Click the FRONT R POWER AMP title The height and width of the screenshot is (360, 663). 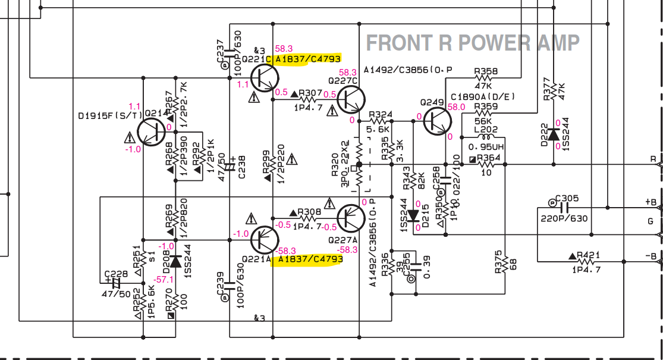tap(472, 43)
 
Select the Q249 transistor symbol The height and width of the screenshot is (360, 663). tap(437, 121)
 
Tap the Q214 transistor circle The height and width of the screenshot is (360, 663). tap(152, 132)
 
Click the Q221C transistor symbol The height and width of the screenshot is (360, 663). tap(265, 78)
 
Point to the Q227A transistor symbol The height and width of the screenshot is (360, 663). tap(351, 219)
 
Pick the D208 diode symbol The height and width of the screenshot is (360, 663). tap(175, 261)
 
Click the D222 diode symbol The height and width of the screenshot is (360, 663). tap(554, 134)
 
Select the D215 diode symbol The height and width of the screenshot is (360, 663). tap(412, 216)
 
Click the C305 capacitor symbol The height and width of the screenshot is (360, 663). tap(564, 208)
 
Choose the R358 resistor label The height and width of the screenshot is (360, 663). tap(486, 71)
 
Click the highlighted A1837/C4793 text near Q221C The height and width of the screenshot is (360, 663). tap(308, 59)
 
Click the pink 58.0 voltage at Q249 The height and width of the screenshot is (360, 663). tap(456, 107)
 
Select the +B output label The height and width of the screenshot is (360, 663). tap(651, 202)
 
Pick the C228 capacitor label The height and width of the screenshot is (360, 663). tap(117, 274)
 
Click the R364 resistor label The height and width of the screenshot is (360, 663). tap(489, 158)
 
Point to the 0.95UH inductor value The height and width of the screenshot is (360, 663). tap(486, 147)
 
